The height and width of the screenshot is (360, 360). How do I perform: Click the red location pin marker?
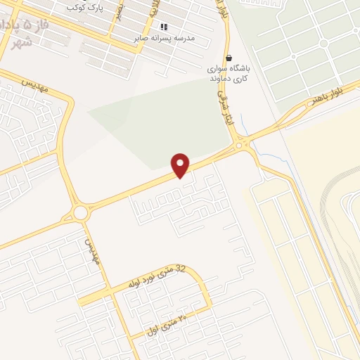pyautogui.click(x=181, y=165)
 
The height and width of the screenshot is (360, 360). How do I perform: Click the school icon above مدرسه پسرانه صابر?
pyautogui.click(x=164, y=27)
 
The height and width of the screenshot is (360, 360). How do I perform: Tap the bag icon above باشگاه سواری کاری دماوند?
pyautogui.click(x=228, y=58)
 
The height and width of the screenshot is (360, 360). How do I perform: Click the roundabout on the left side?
pyautogui.click(x=81, y=212)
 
